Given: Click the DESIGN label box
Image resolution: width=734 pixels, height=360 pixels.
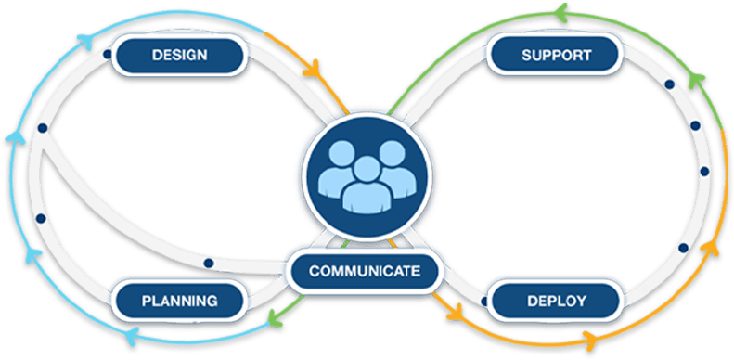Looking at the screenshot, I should (x=179, y=55).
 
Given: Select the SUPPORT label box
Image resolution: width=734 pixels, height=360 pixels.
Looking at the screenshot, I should (x=556, y=55).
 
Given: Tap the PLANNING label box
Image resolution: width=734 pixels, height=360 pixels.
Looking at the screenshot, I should (x=179, y=301).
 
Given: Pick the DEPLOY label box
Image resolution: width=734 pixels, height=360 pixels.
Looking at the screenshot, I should (x=555, y=301).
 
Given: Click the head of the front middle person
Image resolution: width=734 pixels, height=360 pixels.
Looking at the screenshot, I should (x=367, y=171).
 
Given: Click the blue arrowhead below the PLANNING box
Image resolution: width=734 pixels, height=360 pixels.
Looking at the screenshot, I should (x=128, y=333).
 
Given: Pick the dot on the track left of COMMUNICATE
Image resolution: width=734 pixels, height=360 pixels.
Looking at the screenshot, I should (x=209, y=264).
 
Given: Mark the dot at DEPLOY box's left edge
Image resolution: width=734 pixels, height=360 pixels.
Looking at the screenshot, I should (x=487, y=299).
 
